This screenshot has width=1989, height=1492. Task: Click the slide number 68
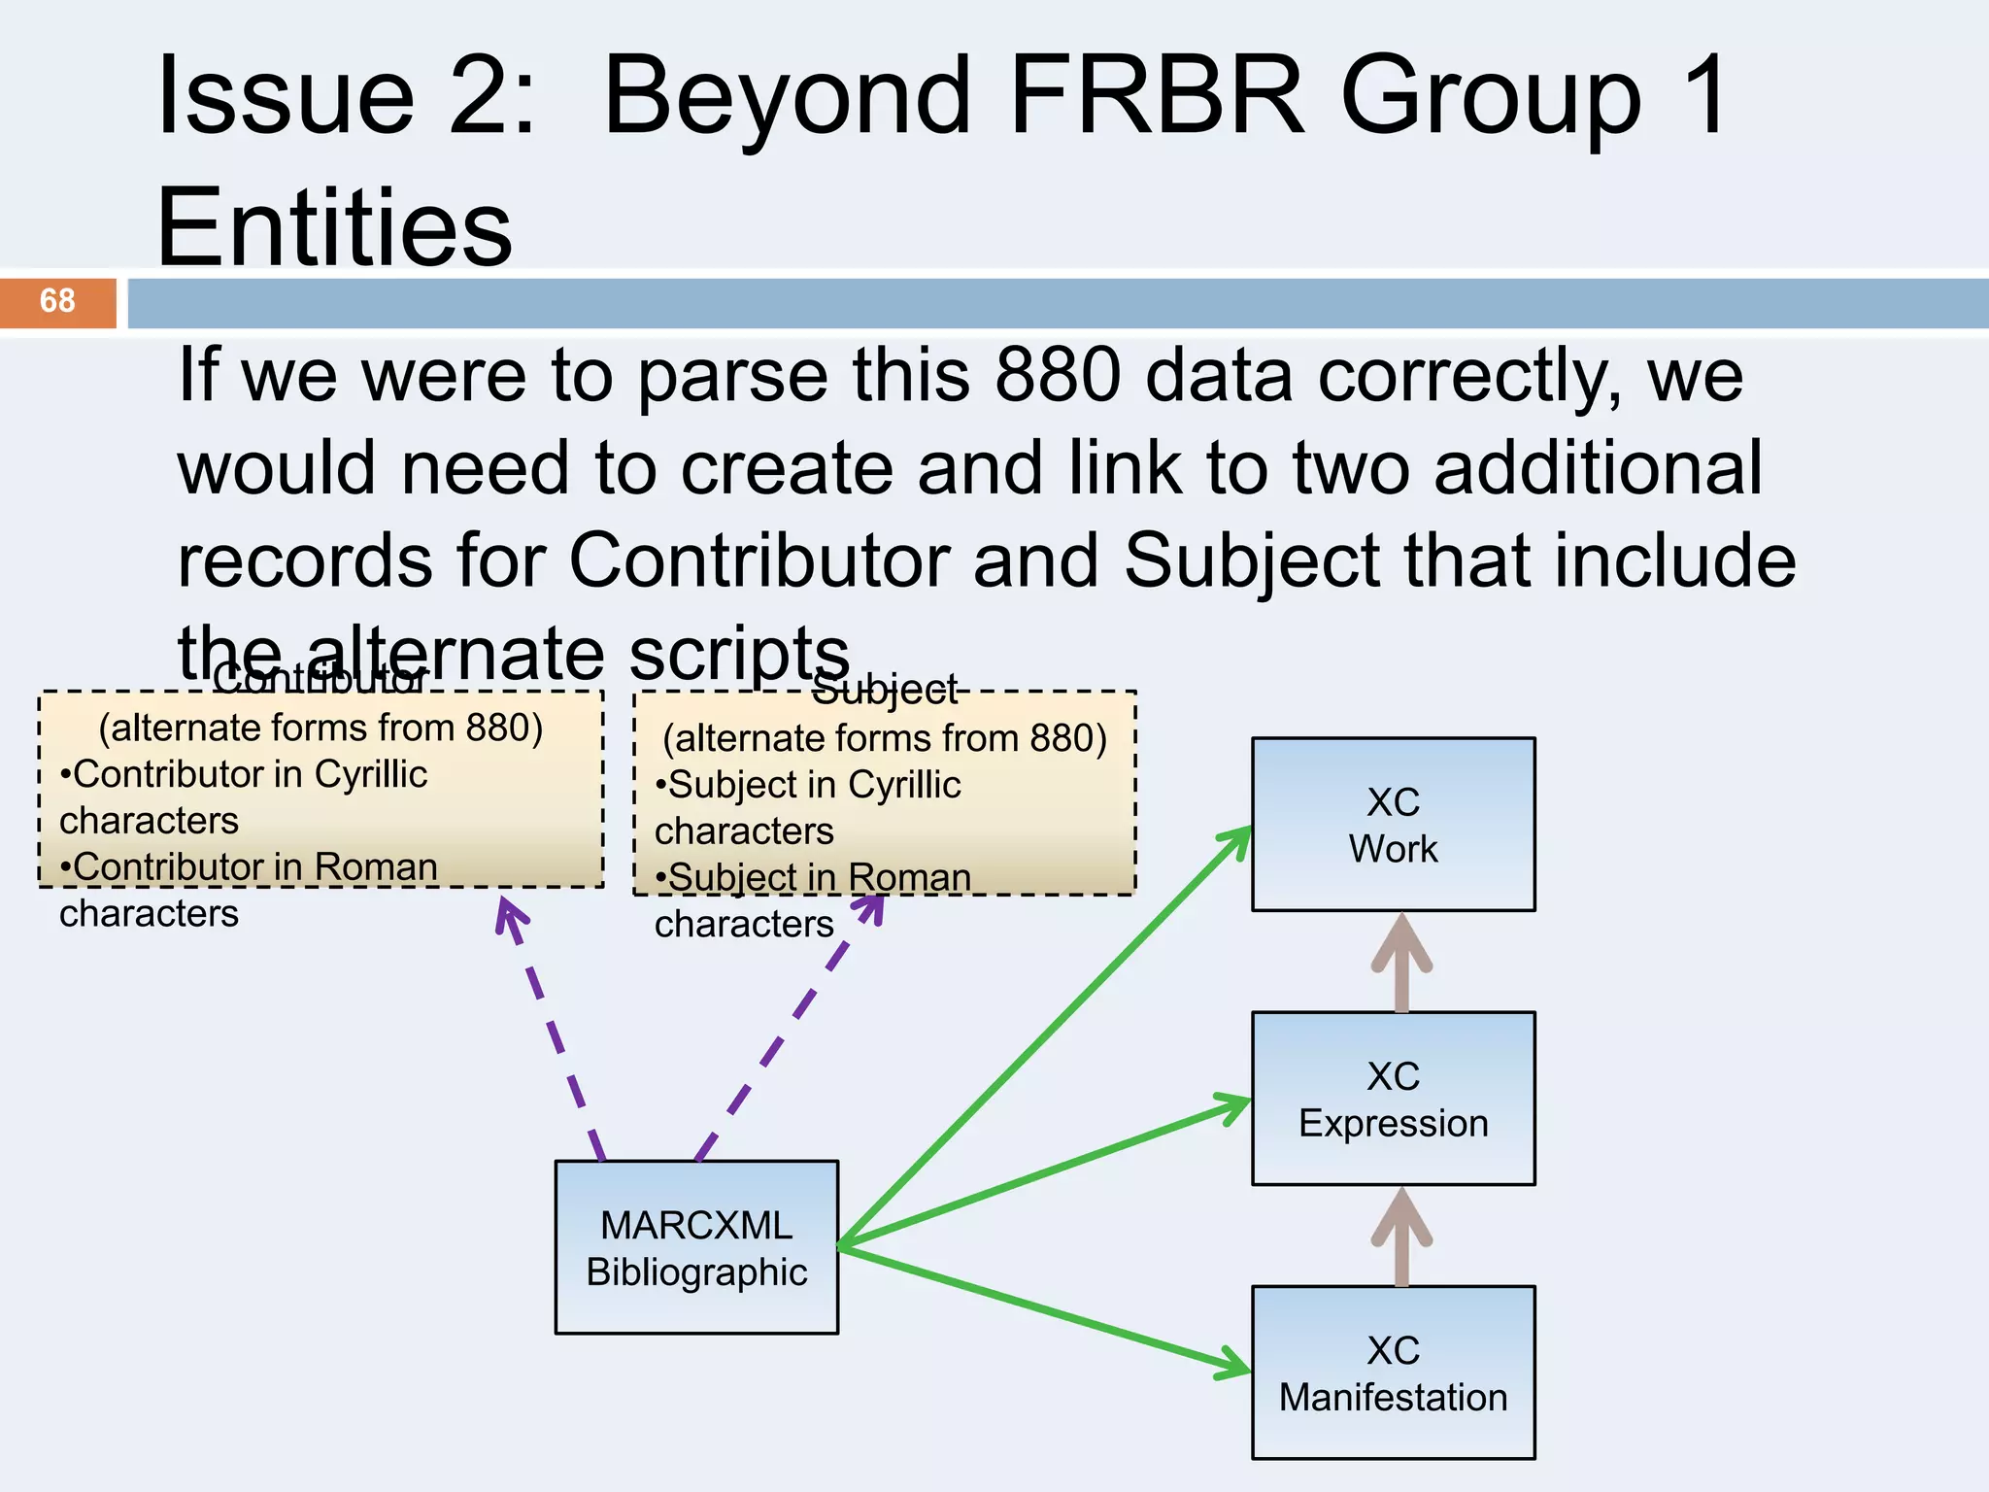(x=57, y=301)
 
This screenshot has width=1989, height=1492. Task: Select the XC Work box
(x=1393, y=825)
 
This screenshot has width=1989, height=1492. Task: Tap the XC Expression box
(x=1393, y=1099)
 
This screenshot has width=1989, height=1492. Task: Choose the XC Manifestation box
(x=1393, y=1373)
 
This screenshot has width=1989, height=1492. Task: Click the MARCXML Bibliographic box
(x=696, y=1247)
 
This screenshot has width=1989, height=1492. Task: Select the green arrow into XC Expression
(x=1044, y=1172)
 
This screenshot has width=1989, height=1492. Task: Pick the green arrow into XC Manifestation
(x=1044, y=1310)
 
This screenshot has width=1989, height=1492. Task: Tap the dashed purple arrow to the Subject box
(x=787, y=1030)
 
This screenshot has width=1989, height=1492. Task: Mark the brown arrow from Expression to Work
(x=1401, y=964)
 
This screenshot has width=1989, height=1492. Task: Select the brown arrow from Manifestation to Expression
(x=1401, y=1237)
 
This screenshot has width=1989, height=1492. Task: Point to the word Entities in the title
(x=333, y=227)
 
